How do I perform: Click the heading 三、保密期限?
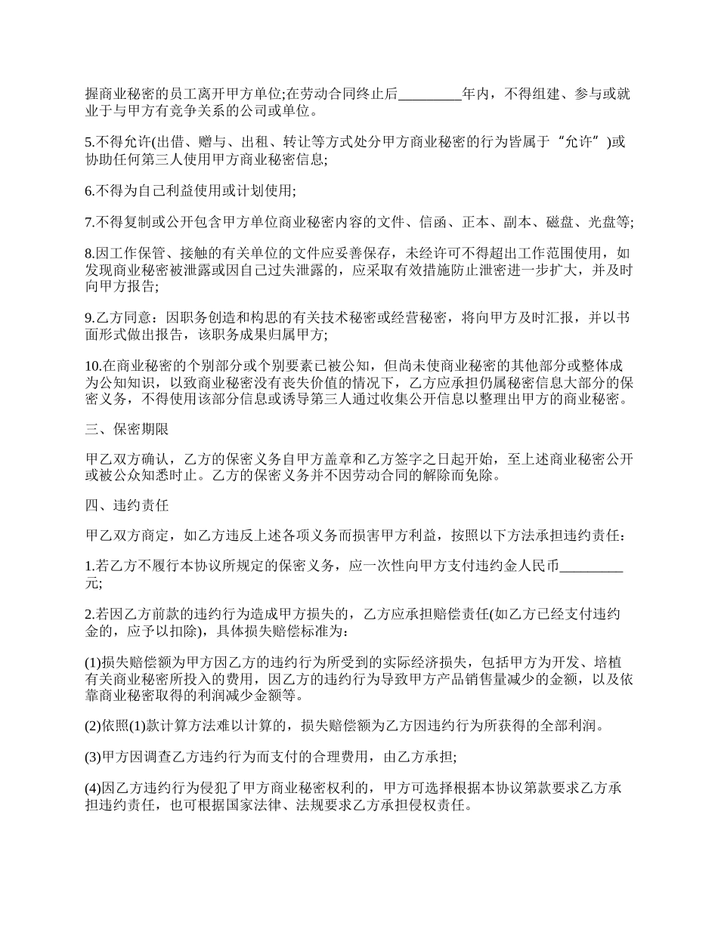click(127, 430)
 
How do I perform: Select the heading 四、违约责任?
click(127, 506)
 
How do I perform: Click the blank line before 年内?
click(429, 95)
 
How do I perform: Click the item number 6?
click(89, 191)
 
